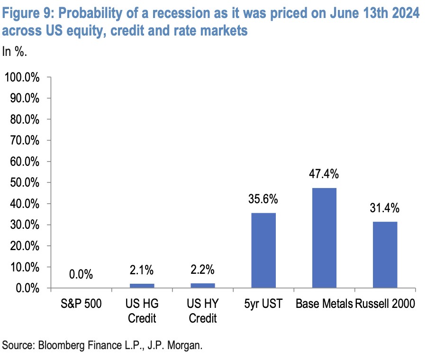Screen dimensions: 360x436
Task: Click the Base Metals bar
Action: (324, 238)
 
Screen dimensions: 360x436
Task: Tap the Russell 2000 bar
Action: (385, 254)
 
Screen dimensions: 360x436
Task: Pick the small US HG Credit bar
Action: (142, 286)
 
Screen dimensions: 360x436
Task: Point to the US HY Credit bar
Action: (202, 286)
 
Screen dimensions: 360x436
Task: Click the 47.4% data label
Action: (324, 174)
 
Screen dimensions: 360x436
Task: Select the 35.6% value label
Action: (263, 199)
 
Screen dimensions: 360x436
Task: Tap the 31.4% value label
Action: (385, 208)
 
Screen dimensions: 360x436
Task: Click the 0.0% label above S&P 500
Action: (81, 275)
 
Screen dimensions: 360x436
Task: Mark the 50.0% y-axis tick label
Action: (24, 183)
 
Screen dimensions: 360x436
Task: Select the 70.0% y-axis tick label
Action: (24, 141)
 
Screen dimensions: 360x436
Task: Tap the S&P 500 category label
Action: (81, 304)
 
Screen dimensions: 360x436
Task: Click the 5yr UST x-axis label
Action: (263, 304)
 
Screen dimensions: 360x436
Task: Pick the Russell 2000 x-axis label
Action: (385, 304)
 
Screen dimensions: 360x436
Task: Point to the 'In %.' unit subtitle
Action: (15, 51)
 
